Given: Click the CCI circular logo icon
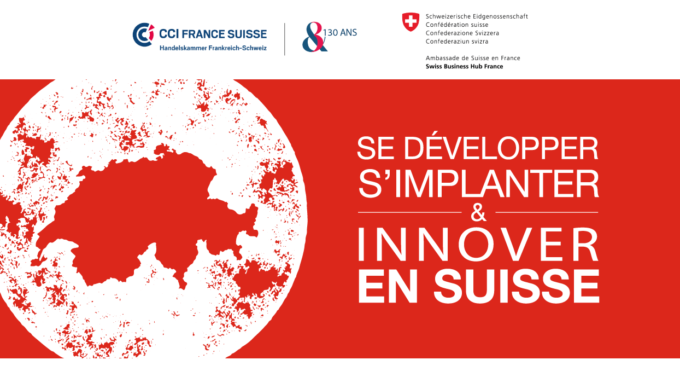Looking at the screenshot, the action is [143, 34].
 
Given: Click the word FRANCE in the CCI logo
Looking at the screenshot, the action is [203, 34].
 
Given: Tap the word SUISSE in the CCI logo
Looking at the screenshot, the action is [247, 34].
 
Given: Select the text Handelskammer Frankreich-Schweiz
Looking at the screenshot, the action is [213, 48].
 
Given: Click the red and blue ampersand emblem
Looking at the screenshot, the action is [314, 37].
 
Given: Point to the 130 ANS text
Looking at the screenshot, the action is [340, 32].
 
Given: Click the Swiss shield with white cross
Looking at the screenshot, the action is [411, 22].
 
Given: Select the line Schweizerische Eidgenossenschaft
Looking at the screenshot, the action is [477, 16].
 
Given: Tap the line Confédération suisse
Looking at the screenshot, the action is [457, 25].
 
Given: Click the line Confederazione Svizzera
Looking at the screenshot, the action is [462, 33].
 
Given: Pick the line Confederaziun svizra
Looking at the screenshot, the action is [457, 42].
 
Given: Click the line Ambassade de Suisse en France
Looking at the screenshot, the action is [473, 58].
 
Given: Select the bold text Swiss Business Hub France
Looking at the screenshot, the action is [464, 66].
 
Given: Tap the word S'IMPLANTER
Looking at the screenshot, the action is [479, 183].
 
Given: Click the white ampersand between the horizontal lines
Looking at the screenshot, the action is [478, 212].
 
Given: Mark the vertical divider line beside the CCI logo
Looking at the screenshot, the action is [284, 39].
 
